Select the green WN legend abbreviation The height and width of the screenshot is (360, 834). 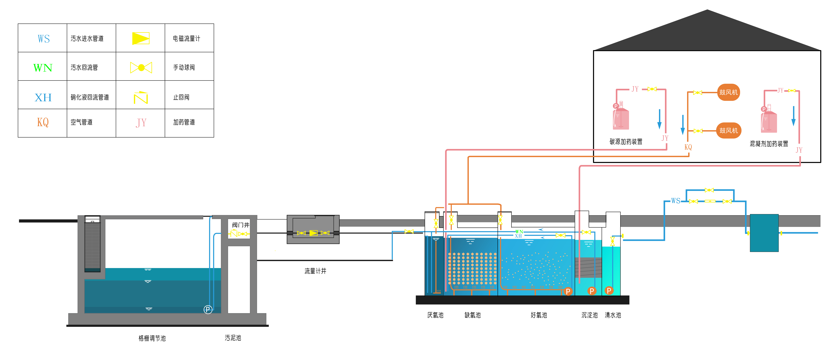(x=43, y=68)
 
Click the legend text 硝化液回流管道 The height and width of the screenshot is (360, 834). (x=90, y=97)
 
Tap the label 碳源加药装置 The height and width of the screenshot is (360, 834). (x=626, y=141)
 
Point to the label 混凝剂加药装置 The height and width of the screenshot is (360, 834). (x=769, y=143)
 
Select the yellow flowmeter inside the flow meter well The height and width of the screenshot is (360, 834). (x=313, y=233)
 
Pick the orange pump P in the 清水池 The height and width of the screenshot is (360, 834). (x=609, y=291)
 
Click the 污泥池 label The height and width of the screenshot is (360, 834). (x=233, y=338)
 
